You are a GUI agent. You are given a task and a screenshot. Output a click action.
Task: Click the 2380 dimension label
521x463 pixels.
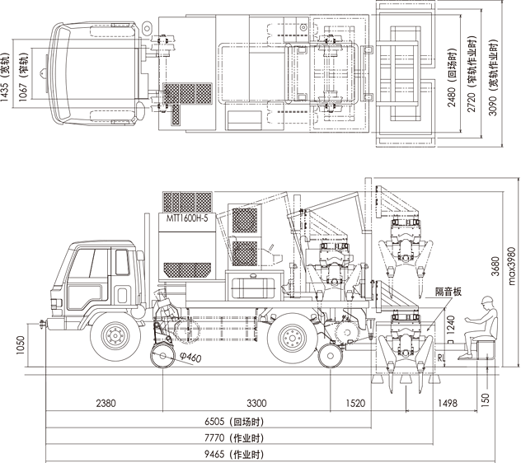click(x=106, y=403)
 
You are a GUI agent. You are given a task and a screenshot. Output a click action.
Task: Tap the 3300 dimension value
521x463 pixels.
click(x=256, y=403)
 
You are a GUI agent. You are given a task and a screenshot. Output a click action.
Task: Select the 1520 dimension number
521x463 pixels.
click(x=355, y=403)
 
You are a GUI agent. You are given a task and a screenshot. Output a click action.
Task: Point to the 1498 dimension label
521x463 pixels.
click(x=448, y=403)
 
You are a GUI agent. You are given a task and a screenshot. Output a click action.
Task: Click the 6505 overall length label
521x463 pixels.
click(x=234, y=422)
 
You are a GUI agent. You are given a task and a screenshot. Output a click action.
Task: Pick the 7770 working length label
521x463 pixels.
click(x=234, y=438)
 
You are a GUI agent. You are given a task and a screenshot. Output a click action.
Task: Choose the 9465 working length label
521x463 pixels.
click(x=234, y=454)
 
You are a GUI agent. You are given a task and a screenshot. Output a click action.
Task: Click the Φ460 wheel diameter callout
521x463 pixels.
click(x=190, y=357)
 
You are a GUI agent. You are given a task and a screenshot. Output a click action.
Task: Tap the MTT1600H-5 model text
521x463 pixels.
click(x=187, y=217)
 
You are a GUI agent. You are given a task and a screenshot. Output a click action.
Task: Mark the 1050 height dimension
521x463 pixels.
click(x=21, y=344)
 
